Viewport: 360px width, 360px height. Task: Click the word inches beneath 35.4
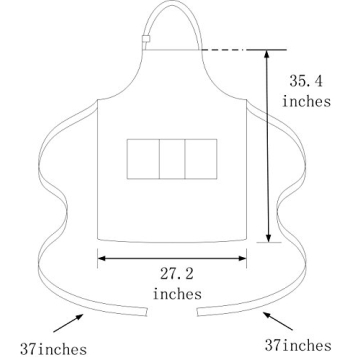click(305, 102)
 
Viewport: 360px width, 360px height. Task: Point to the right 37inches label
click(323, 345)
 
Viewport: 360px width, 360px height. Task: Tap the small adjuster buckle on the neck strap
click(145, 42)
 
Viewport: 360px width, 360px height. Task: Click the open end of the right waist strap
click(199, 310)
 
